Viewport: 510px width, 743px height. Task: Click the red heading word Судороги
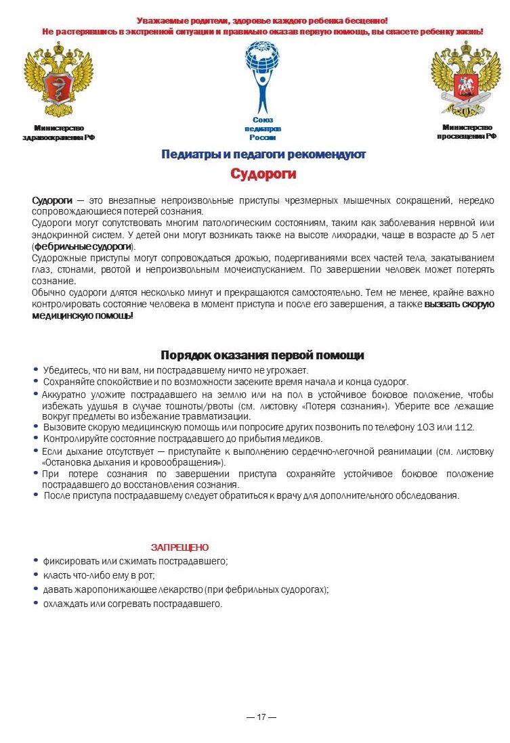[263, 174]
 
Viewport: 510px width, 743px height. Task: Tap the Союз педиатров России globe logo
[262, 74]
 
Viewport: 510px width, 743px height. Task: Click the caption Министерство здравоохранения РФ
[59, 133]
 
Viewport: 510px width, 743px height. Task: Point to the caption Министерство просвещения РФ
[467, 131]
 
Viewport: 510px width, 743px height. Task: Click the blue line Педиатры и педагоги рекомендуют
[263, 154]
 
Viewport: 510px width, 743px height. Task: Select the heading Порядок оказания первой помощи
[262, 355]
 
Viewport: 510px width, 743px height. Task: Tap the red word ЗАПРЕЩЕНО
[179, 547]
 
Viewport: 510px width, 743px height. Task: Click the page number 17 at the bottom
[261, 717]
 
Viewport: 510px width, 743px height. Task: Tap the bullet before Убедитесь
[36, 369]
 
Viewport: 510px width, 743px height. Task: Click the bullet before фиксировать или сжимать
[36, 560]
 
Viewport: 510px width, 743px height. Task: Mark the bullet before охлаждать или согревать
[36, 603]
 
